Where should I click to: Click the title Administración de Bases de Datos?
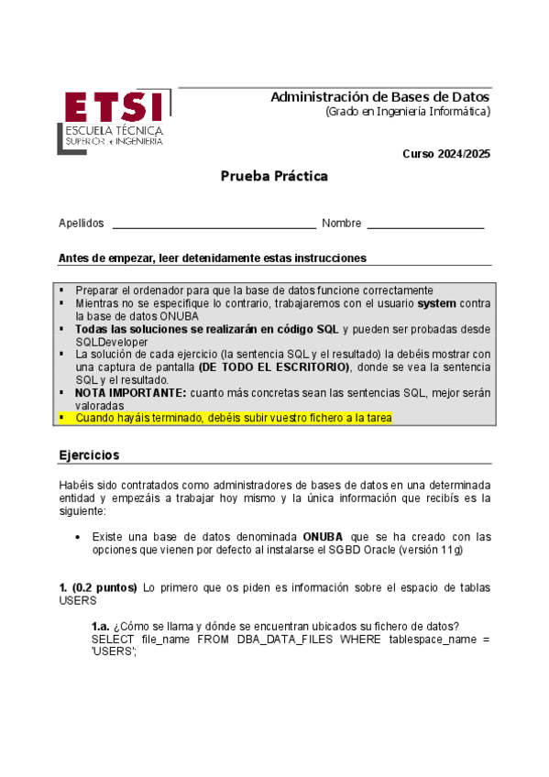click(380, 97)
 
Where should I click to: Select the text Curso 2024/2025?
click(446, 154)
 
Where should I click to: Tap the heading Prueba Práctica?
click(273, 176)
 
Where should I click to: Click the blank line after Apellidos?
click(214, 224)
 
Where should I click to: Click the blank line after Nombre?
click(425, 224)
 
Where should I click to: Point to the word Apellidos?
click(82, 224)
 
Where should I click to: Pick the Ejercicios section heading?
click(89, 455)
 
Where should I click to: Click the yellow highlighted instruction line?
click(234, 418)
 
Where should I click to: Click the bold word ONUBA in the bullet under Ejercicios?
click(324, 537)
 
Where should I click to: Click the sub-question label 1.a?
click(101, 625)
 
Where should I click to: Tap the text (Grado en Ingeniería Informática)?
click(408, 112)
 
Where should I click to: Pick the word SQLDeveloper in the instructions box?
click(112, 342)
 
